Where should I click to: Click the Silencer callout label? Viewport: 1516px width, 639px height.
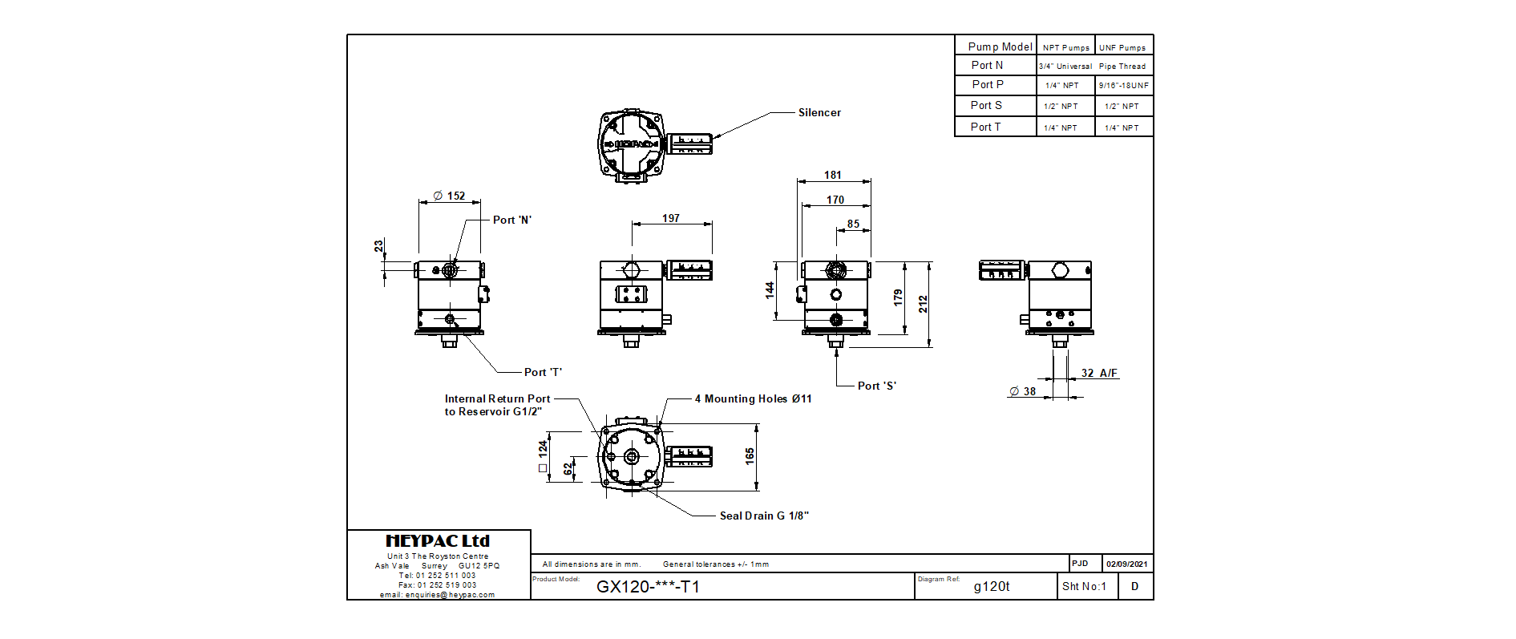819,113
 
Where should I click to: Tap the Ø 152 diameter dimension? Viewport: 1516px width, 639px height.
450,196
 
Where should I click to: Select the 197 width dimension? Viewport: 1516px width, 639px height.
671,218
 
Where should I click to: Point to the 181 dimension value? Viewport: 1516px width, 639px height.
833,175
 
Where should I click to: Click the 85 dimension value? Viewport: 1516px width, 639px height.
853,224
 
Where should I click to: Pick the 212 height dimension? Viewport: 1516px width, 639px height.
924,304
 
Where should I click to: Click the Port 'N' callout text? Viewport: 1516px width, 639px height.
512,220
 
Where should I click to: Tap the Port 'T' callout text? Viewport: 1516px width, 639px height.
543,372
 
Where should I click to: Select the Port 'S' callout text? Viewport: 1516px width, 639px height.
877,386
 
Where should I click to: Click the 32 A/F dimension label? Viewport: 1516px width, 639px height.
1099,373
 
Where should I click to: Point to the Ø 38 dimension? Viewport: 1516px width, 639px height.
1023,391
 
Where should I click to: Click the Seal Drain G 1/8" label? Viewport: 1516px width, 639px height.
764,516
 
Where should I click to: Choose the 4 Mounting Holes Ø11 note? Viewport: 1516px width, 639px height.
753,398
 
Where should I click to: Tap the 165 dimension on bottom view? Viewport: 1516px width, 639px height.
750,456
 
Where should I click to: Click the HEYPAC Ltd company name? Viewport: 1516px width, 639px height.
438,541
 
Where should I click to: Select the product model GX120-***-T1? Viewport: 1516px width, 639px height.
648,587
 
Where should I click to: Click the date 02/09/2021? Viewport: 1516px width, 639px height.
1127,564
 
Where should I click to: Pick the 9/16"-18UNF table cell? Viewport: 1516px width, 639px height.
1123,85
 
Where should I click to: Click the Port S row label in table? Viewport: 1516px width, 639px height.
986,105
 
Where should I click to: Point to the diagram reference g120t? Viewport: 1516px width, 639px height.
992,587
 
